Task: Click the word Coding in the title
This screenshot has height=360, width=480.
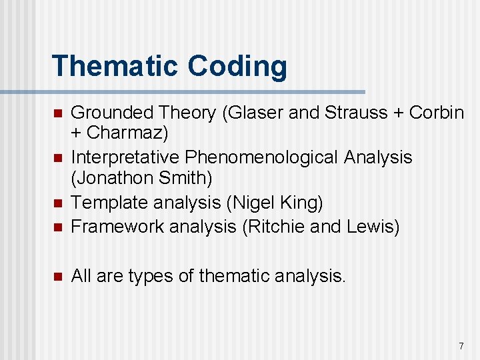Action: (x=237, y=66)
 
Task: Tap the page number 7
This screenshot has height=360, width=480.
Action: (x=461, y=346)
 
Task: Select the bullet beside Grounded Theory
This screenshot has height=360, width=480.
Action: (x=57, y=113)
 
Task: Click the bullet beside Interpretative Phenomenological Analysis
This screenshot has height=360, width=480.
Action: (x=57, y=158)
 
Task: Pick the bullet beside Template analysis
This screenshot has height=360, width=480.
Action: (x=57, y=203)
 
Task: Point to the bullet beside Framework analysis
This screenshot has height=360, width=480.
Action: (x=57, y=227)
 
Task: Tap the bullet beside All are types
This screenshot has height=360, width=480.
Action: (x=57, y=276)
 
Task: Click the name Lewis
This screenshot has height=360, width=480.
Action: (x=369, y=227)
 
